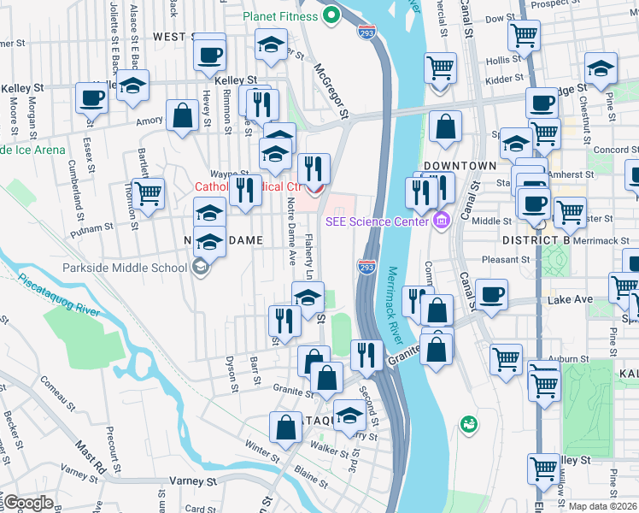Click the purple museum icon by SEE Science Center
[x=441, y=221]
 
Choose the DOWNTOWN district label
[x=460, y=165]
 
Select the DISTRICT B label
[x=536, y=241]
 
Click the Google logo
[x=27, y=502]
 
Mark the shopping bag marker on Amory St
[x=182, y=115]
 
